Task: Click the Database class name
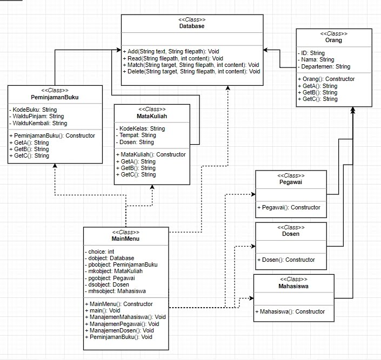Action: point(192,26)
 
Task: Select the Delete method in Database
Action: point(191,71)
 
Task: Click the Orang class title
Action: point(334,40)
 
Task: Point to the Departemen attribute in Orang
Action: point(324,66)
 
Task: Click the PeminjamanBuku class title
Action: point(55,97)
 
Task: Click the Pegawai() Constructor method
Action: point(289,207)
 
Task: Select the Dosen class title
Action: point(291,234)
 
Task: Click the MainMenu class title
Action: point(125,239)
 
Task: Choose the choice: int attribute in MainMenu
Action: point(100,252)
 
